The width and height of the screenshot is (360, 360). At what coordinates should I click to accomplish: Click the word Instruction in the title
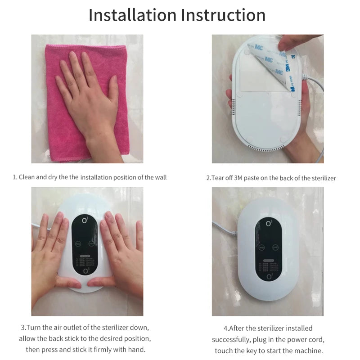(x=223, y=15)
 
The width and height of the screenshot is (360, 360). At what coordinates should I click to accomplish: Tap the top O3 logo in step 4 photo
(x=269, y=223)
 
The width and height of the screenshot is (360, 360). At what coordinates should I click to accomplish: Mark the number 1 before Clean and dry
(x=14, y=177)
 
